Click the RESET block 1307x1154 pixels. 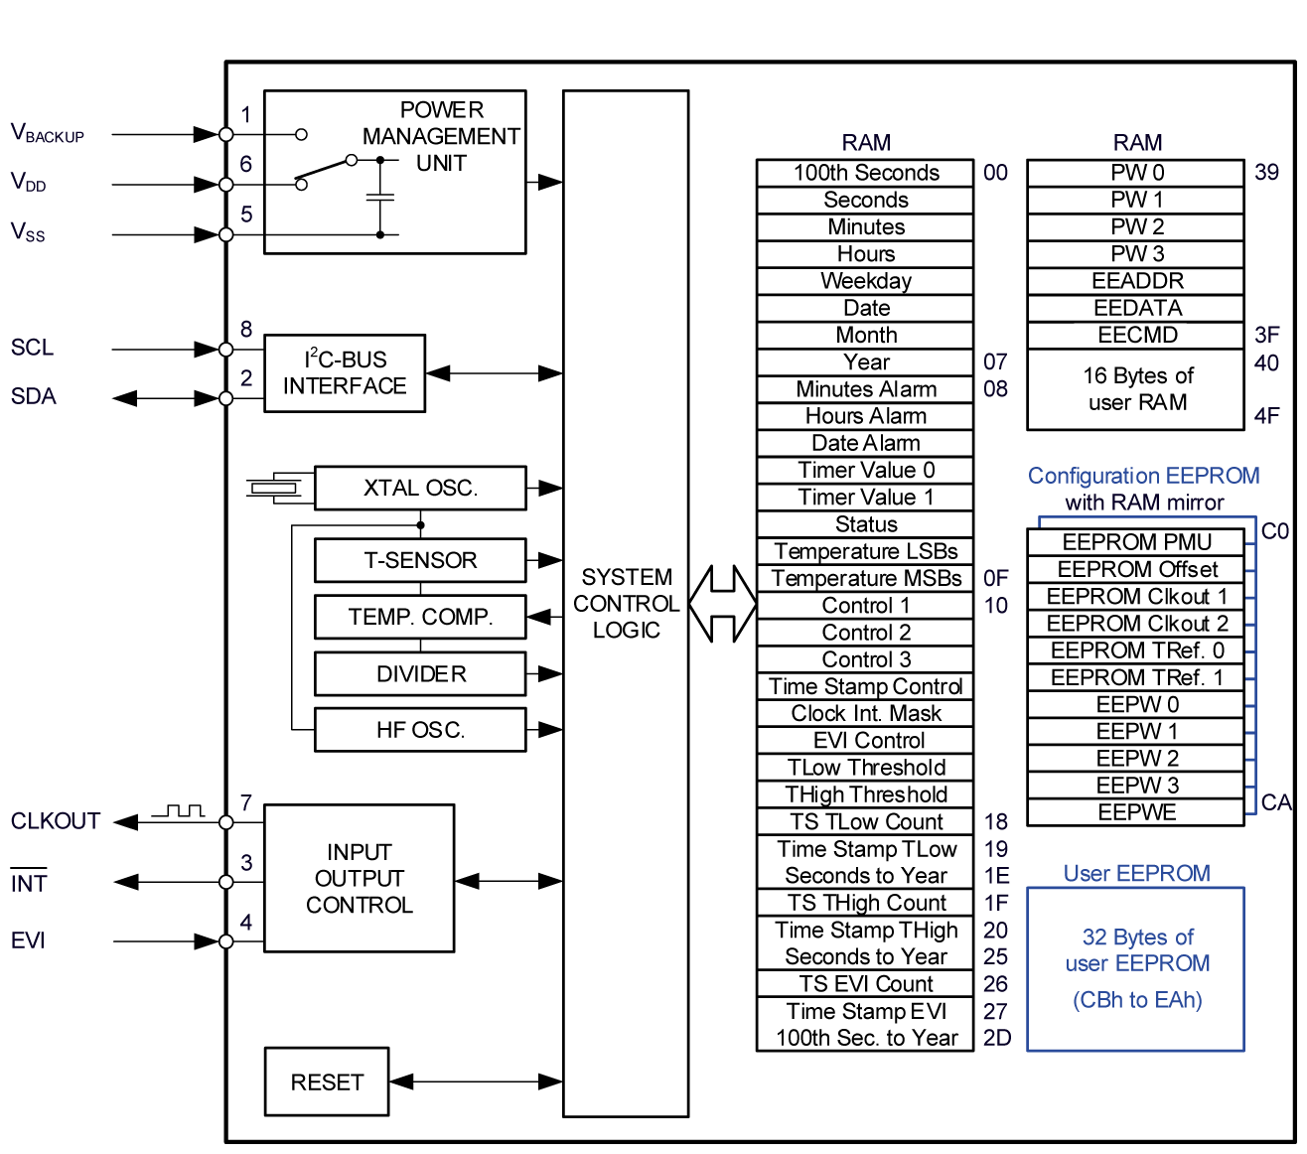(x=327, y=1082)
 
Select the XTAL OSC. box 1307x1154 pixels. (x=420, y=488)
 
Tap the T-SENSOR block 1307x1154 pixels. (x=420, y=560)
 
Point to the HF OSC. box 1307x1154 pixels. (x=420, y=730)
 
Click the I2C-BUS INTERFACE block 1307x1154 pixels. (x=345, y=373)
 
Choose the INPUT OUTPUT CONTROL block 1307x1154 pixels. (x=359, y=879)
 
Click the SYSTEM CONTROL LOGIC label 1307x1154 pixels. (x=626, y=604)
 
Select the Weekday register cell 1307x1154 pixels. (x=865, y=281)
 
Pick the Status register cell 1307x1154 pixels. (x=865, y=524)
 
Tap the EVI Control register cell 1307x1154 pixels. (x=865, y=740)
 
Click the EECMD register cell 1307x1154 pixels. (x=1136, y=335)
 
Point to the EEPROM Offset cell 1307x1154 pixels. (x=1136, y=569)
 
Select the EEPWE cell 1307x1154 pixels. (x=1136, y=812)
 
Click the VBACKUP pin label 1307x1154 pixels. (x=47, y=133)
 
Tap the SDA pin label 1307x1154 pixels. (x=34, y=396)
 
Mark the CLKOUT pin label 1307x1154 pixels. (x=56, y=821)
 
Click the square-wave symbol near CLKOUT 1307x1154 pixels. (x=178, y=811)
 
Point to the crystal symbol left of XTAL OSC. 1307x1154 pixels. (x=274, y=487)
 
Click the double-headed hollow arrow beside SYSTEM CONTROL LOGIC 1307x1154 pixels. (x=722, y=604)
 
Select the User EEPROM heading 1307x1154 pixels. (x=1136, y=873)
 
